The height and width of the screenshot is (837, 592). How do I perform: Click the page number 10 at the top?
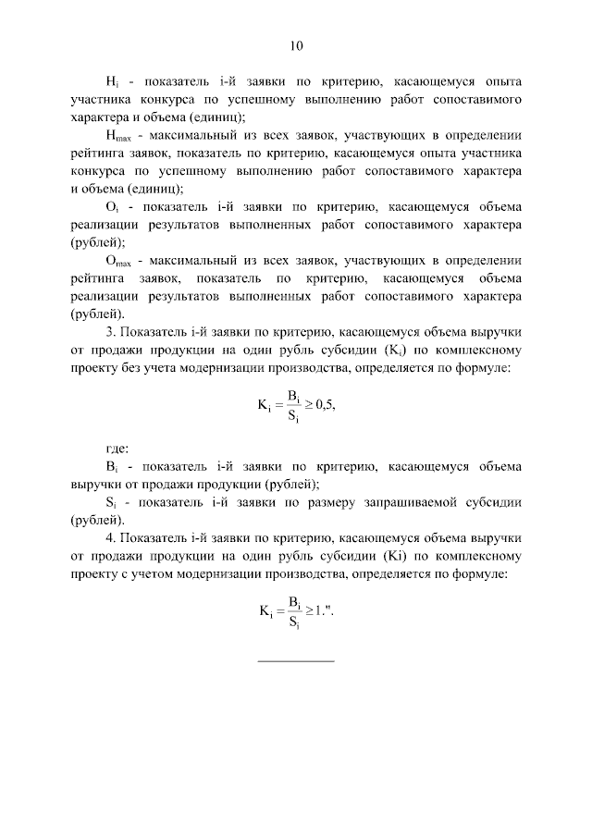tap(296, 44)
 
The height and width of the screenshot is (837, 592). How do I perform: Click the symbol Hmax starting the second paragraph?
tap(117, 135)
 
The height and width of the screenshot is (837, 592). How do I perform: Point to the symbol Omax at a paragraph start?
tap(117, 261)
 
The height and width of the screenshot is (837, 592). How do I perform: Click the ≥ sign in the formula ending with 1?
tap(312, 610)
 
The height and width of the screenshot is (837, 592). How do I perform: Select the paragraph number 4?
tap(109, 538)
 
